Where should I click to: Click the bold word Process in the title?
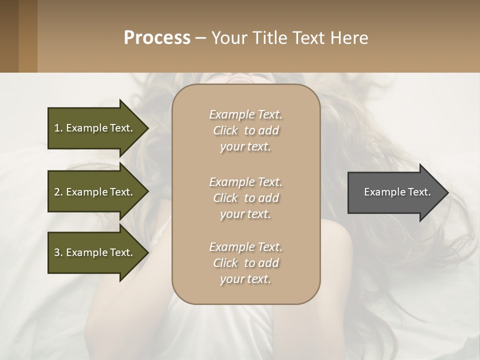tap(157, 38)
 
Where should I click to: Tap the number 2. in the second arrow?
tap(58, 192)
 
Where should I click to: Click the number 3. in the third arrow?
tap(58, 252)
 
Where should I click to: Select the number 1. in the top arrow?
tap(58, 128)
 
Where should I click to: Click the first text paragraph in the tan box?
tap(245, 130)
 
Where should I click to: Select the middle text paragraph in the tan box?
tap(245, 198)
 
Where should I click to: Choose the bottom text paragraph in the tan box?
tap(245, 263)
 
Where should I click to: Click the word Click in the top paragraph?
tap(225, 130)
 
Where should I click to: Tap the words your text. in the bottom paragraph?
tap(245, 279)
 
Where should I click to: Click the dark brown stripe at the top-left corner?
tap(9, 36)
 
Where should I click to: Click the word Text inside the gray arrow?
tap(419, 192)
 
